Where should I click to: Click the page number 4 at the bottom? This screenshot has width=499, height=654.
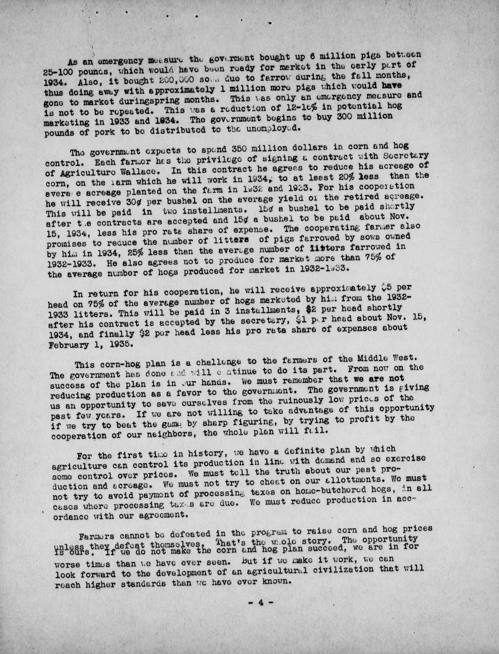pyautogui.click(x=260, y=602)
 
